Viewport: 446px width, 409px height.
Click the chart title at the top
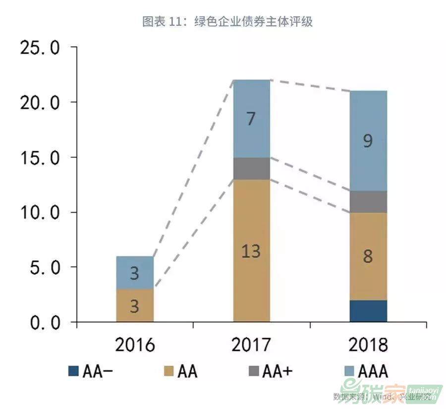click(x=227, y=21)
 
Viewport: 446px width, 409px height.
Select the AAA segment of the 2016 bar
click(x=135, y=273)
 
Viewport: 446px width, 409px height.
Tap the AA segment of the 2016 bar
click(x=135, y=305)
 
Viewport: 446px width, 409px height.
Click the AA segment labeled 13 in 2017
click(x=251, y=250)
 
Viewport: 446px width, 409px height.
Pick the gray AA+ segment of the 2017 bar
click(x=251, y=169)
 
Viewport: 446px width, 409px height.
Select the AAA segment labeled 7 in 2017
click(x=251, y=119)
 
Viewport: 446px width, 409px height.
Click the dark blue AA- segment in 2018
click(x=368, y=311)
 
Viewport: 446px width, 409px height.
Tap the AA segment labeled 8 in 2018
click(x=368, y=256)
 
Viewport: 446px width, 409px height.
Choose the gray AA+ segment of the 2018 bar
click(x=368, y=202)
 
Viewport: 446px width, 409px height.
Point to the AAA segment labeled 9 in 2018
click(x=368, y=141)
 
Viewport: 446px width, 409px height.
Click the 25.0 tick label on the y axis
click(x=39, y=48)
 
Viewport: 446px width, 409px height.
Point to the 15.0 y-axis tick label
click(x=39, y=158)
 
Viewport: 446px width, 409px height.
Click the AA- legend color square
click(x=73, y=371)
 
